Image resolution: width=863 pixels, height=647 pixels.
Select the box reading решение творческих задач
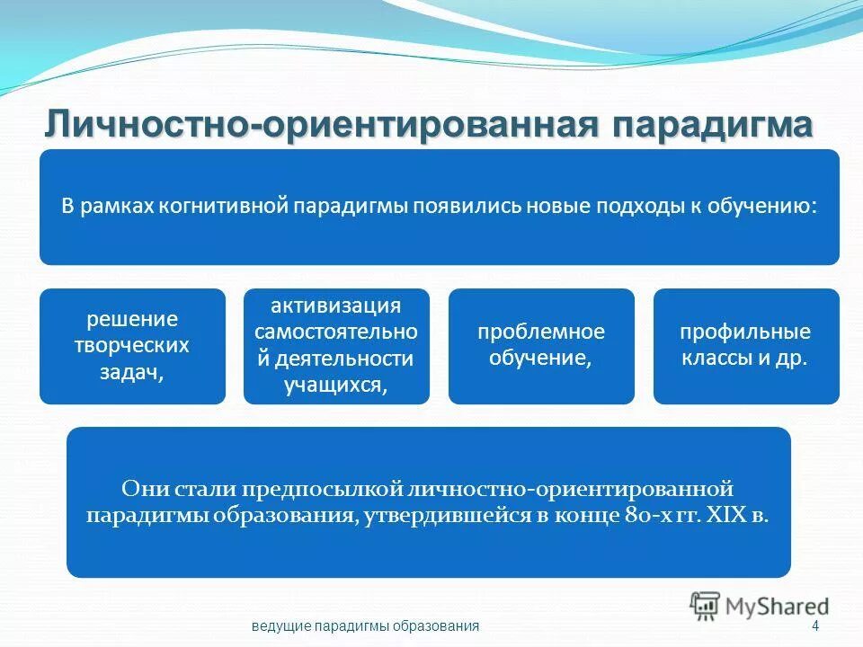pyautogui.click(x=132, y=346)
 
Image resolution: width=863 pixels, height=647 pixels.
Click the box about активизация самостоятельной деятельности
pyautogui.click(x=336, y=346)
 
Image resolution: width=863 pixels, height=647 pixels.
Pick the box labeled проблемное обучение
pyautogui.click(x=541, y=346)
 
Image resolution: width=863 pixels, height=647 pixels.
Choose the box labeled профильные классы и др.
pyautogui.click(x=745, y=346)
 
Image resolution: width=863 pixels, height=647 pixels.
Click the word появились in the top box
pyautogui.click(x=460, y=206)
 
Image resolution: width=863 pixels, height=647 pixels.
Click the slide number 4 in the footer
pyautogui.click(x=814, y=626)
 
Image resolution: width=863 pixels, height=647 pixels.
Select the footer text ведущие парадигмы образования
pyautogui.click(x=365, y=626)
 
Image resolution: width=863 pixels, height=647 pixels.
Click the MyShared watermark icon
pyautogui.click(x=706, y=605)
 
